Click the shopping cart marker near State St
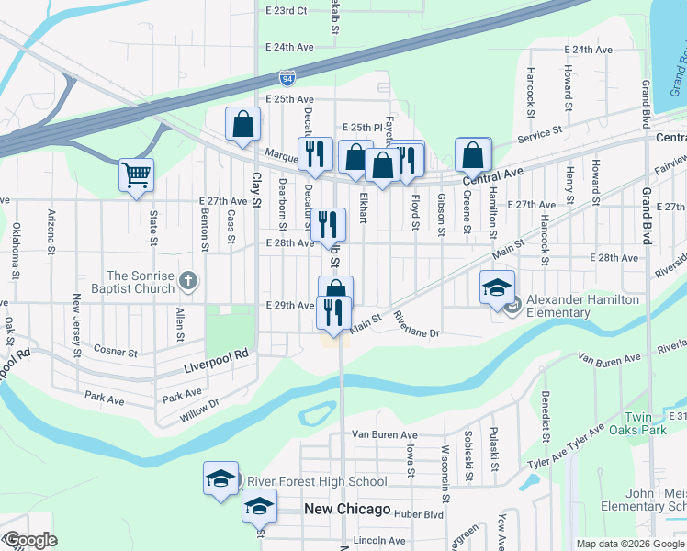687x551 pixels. pyautogui.click(x=137, y=174)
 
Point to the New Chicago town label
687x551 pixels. pyautogui.click(x=348, y=510)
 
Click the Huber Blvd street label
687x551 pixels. pyautogui.click(x=418, y=515)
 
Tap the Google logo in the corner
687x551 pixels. pyautogui.click(x=29, y=540)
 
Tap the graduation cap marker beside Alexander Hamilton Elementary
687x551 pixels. pyautogui.click(x=497, y=287)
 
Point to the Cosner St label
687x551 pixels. pyautogui.click(x=116, y=352)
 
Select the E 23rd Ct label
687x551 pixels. pyautogui.click(x=287, y=11)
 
